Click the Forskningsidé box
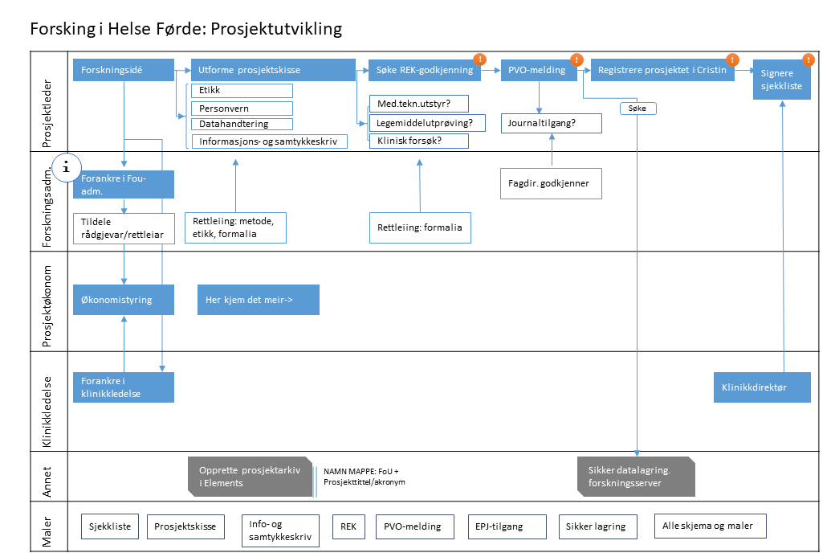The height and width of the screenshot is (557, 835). (123, 70)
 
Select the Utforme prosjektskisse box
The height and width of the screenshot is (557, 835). (273, 70)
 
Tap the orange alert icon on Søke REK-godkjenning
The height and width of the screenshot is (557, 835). (479, 59)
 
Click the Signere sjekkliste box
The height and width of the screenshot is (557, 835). (781, 80)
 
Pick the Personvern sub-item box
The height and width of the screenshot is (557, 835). (241, 108)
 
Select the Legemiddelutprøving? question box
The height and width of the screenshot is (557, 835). (418, 123)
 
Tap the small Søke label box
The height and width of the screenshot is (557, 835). (638, 108)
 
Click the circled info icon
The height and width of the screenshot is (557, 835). (67, 167)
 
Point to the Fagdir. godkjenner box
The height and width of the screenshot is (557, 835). (550, 183)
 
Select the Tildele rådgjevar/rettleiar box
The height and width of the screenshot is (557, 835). (123, 228)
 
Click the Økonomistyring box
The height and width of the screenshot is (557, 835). (123, 300)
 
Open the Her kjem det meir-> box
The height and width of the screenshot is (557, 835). (258, 300)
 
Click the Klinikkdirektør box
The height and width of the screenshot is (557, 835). (761, 387)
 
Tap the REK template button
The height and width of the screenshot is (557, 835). (348, 526)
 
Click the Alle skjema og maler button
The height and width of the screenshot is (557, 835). (709, 526)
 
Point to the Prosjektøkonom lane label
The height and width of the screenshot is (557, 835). (47, 306)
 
